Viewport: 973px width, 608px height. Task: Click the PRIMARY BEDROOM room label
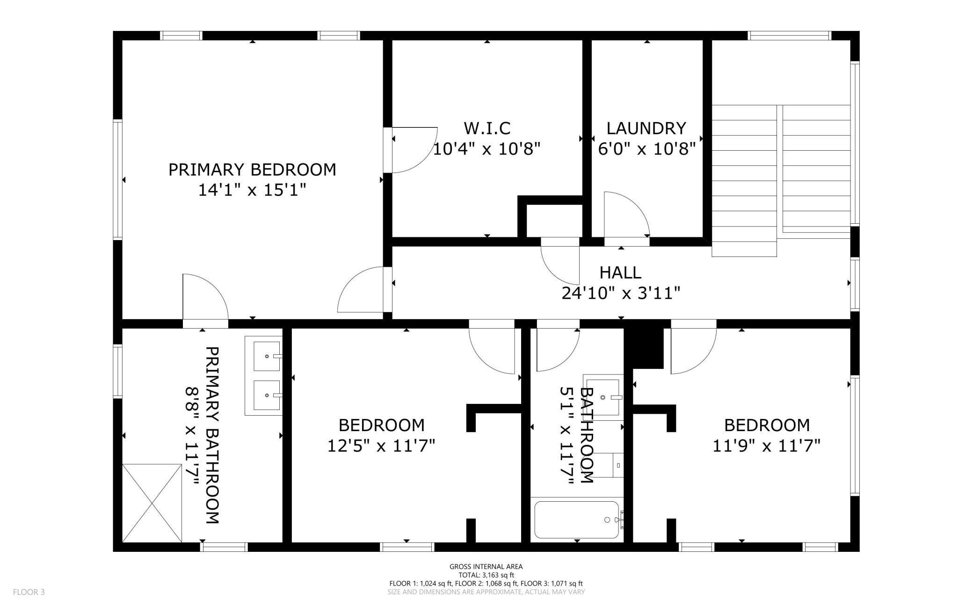coord(252,169)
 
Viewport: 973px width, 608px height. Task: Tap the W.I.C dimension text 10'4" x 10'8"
coord(487,149)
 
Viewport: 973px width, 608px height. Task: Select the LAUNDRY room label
coord(646,128)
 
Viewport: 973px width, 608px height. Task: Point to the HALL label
coord(620,272)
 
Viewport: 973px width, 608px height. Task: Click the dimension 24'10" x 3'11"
coord(621,293)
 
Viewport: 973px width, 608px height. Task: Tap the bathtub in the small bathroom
coord(577,520)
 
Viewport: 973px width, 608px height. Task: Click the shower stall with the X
coord(152,503)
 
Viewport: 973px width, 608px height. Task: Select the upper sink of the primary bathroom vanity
coord(267,356)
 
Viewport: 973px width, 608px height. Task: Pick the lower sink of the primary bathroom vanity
coord(267,396)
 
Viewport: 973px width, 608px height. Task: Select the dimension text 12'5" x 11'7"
coord(381,446)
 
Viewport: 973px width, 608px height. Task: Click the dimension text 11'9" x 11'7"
coord(767,446)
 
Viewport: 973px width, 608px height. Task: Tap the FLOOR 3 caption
coord(29,592)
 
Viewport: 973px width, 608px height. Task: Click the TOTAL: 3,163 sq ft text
coord(486,575)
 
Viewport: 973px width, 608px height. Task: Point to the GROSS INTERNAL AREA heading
coord(486,566)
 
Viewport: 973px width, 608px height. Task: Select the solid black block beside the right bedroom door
coord(645,347)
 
